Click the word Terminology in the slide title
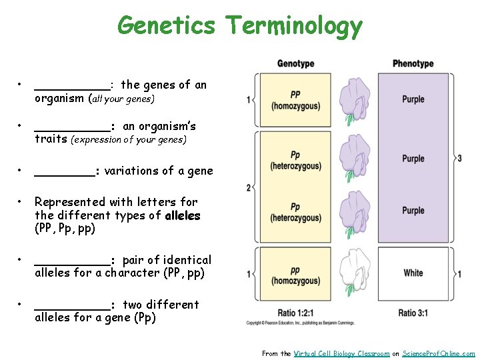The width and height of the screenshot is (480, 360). tap(293, 25)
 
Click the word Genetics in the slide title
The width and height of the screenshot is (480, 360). tap(166, 25)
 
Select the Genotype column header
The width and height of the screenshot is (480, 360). tap(295, 64)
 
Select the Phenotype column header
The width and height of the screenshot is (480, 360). tap(413, 64)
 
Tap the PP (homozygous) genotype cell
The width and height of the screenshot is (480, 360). tap(295, 100)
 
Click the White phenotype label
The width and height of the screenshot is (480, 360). tap(413, 273)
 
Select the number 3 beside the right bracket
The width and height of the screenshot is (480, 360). tap(459, 158)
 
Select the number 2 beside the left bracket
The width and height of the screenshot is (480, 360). tap(249, 188)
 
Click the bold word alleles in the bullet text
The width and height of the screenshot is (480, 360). tap(182, 215)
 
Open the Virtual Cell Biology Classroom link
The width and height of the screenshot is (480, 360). tap(341, 353)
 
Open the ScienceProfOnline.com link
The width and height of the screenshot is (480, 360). tap(439, 353)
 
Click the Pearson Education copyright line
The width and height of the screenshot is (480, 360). tap(300, 323)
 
